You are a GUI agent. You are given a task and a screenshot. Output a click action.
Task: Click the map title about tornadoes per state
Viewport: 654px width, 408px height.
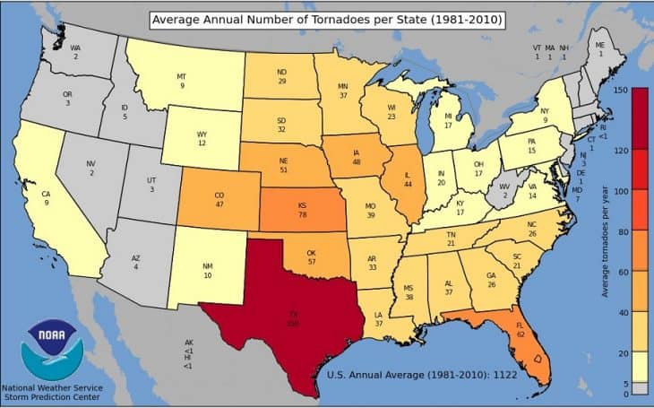click(327, 19)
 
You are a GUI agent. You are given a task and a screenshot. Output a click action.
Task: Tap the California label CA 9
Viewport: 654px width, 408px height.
click(46, 197)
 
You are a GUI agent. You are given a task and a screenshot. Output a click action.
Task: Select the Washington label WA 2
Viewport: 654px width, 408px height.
click(76, 52)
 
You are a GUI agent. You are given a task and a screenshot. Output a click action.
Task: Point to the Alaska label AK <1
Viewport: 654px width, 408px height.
click(188, 346)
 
